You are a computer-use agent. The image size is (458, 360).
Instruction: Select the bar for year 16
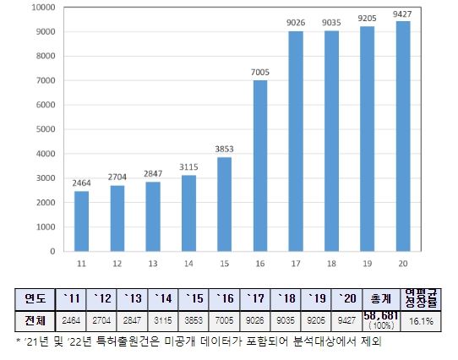tap(260, 166)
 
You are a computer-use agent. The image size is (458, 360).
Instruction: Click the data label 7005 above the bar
tap(260, 73)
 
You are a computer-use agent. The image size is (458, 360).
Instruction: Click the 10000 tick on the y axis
tap(41, 8)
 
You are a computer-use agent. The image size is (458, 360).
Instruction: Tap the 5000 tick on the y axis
tap(43, 129)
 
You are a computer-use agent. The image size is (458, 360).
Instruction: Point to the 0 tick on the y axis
tap(52, 252)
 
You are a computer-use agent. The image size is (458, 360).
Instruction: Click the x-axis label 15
tap(223, 264)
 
